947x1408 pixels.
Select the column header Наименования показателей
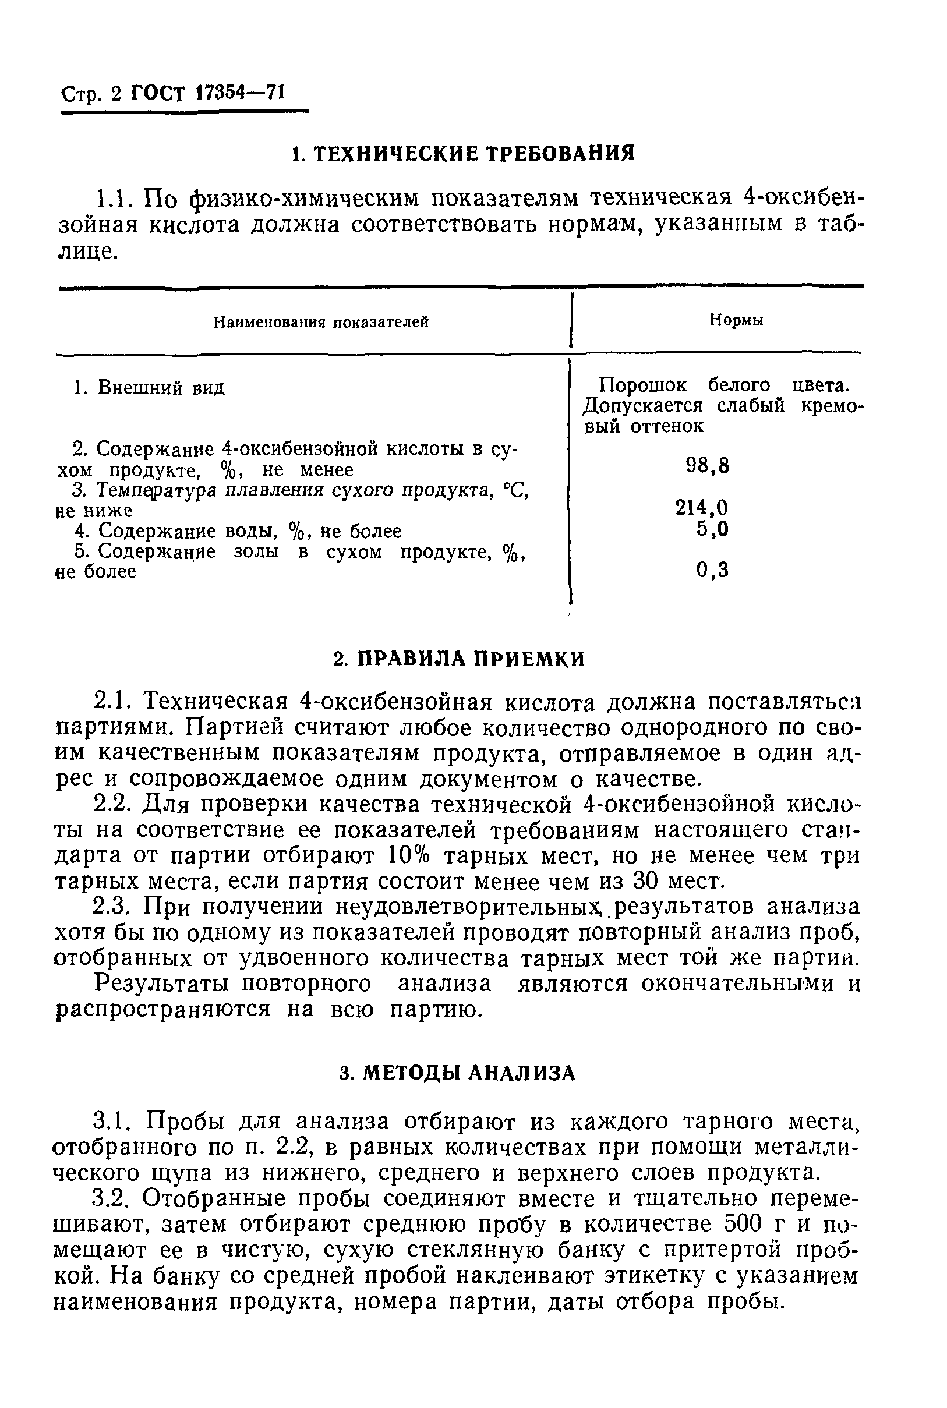point(321,322)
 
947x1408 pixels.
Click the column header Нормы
point(736,320)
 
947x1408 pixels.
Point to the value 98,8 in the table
point(708,465)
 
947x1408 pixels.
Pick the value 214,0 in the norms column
point(702,507)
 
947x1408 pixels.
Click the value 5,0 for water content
point(712,529)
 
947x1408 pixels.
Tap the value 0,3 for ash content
point(712,569)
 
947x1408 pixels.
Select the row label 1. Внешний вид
point(149,387)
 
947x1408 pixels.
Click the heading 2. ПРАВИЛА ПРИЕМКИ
point(460,659)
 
